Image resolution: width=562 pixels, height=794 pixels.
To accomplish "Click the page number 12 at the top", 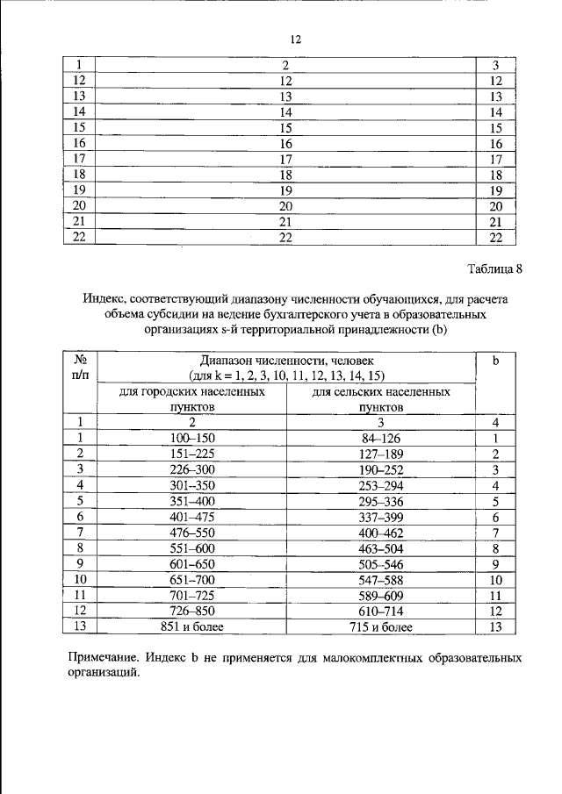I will click(x=296, y=40).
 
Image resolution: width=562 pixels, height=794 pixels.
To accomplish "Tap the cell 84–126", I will click(x=381, y=438).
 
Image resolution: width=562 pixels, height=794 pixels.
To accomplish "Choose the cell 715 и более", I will click(x=381, y=627).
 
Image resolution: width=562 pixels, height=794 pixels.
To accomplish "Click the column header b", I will click(x=495, y=361).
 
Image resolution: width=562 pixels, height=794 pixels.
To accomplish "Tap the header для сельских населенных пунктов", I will click(x=381, y=400).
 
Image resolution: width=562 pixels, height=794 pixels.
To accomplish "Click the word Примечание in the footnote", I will click(x=105, y=657).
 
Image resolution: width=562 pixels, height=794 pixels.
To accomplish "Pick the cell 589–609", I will click(x=381, y=596).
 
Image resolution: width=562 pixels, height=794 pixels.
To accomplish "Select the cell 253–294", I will click(x=381, y=485).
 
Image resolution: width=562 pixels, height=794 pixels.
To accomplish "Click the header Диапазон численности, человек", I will click(x=286, y=361).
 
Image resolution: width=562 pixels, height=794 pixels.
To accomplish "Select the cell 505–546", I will click(x=381, y=564).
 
